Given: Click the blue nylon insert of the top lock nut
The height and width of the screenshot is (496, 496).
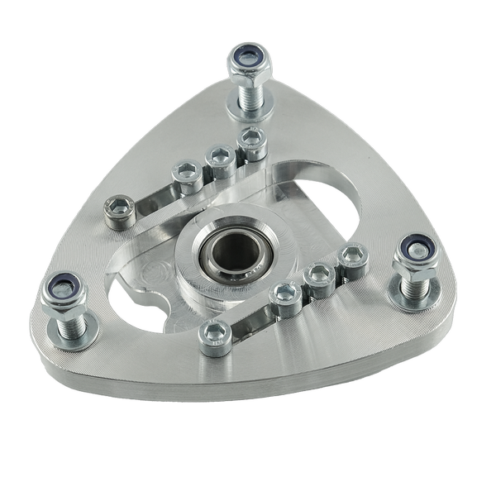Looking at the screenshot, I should (x=248, y=56).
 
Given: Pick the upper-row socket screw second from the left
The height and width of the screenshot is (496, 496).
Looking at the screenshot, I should (x=184, y=174).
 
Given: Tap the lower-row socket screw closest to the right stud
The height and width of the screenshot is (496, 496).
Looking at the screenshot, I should (x=353, y=255).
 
